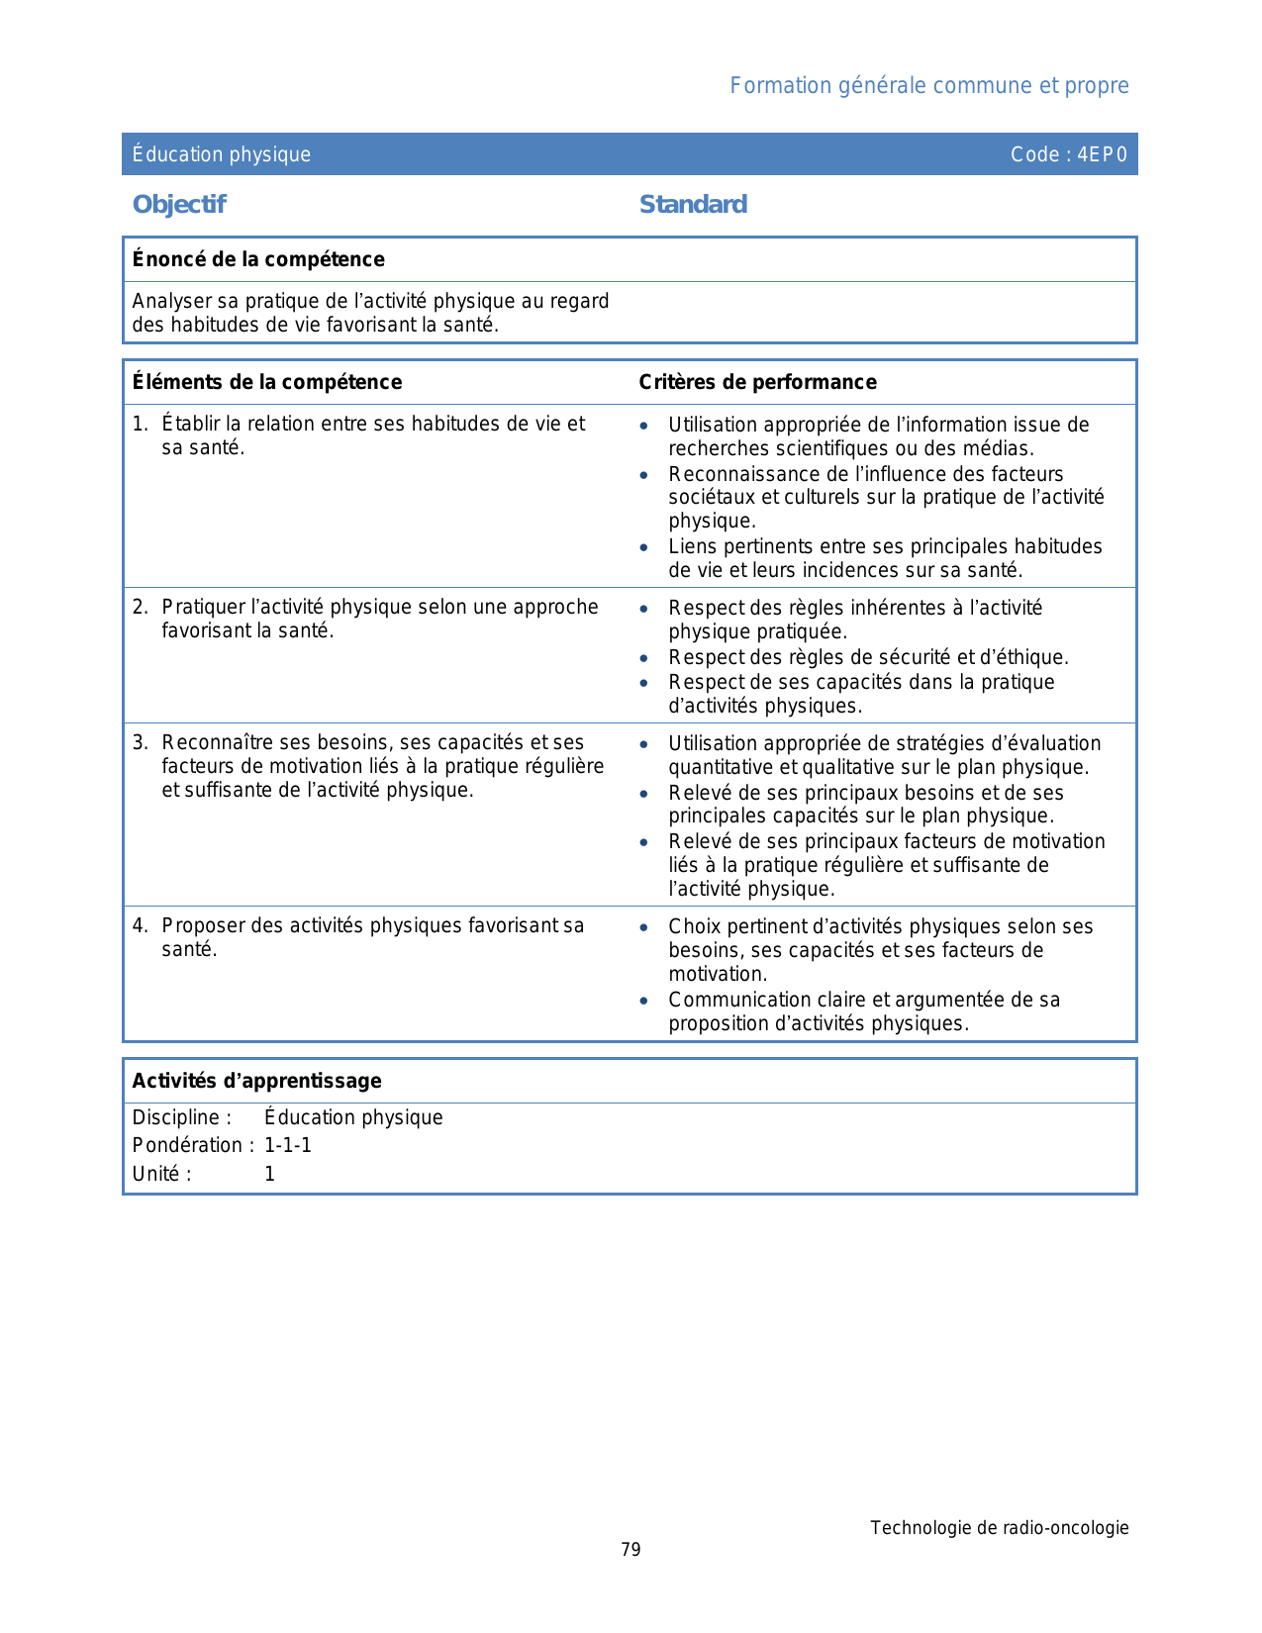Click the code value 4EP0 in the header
coord(1102,154)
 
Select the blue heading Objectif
coord(179,205)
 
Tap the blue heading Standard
coord(693,205)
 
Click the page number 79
coord(631,1550)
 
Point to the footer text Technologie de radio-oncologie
coord(999,1528)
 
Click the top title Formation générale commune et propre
coord(928,86)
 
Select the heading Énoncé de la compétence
coord(258,259)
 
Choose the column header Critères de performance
coord(757,382)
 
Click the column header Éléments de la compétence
coord(267,382)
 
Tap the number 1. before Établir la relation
coord(140,424)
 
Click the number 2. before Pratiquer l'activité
coord(140,607)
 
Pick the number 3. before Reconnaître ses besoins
coord(140,742)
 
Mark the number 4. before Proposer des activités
coord(140,925)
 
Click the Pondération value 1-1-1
coord(288,1145)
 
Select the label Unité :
coord(161,1174)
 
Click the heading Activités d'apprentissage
coord(256,1081)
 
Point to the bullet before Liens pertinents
coord(644,547)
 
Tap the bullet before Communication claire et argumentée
coord(644,1001)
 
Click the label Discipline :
coord(182,1117)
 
